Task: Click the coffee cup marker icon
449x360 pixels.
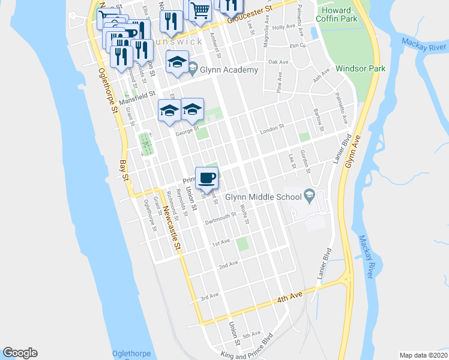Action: tap(207, 177)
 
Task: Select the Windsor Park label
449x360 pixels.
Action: tap(360, 69)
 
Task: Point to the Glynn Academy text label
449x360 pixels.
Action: tap(229, 70)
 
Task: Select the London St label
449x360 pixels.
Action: tap(271, 130)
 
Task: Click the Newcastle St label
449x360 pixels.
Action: tap(170, 228)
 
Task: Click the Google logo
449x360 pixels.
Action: tap(20, 353)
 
